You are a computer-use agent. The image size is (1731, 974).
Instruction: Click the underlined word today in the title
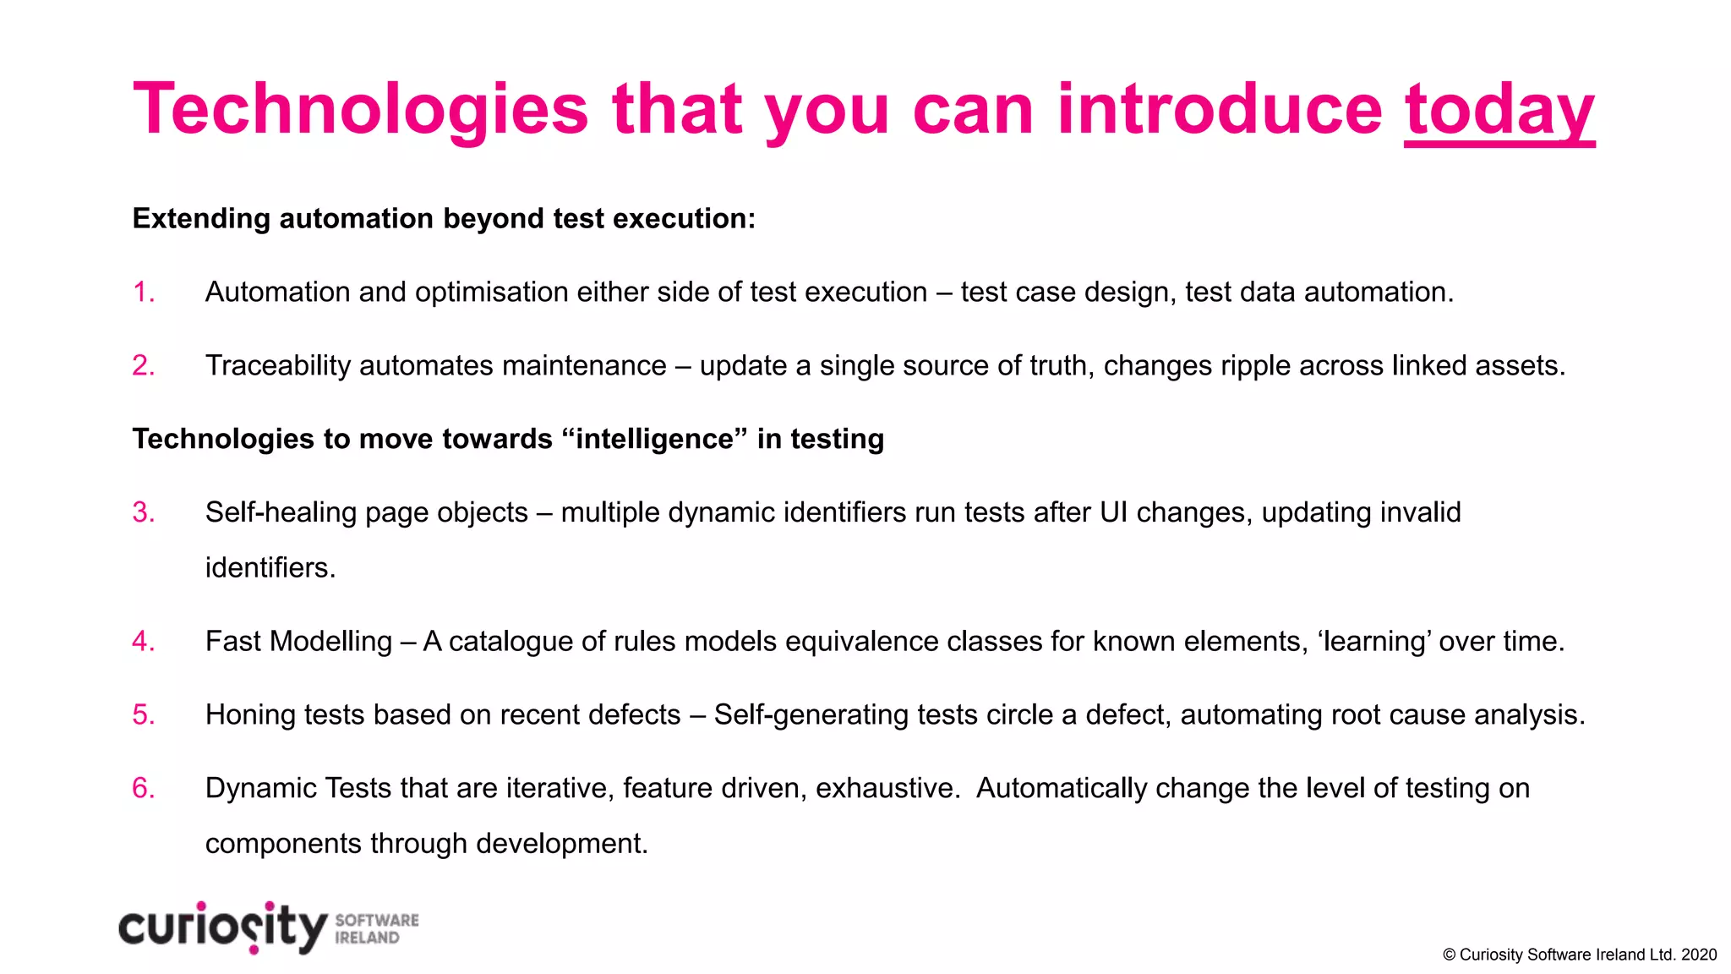coord(1499,110)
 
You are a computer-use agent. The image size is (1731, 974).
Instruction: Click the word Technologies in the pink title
coord(360,110)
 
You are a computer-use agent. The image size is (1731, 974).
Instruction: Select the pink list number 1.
coord(144,292)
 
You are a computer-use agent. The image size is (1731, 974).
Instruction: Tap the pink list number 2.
coord(144,365)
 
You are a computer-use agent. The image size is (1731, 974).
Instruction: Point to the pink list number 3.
coord(144,512)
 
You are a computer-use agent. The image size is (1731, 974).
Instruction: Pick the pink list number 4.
coord(144,641)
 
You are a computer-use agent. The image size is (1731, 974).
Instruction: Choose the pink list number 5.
coord(144,714)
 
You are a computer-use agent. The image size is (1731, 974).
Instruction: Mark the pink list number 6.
coord(144,788)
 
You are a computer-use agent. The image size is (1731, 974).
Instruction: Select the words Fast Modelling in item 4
coord(298,641)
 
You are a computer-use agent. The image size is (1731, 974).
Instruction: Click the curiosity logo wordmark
coord(222,927)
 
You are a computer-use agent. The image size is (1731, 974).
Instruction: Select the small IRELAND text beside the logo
coord(367,938)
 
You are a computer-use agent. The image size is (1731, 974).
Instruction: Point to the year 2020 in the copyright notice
coord(1699,955)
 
